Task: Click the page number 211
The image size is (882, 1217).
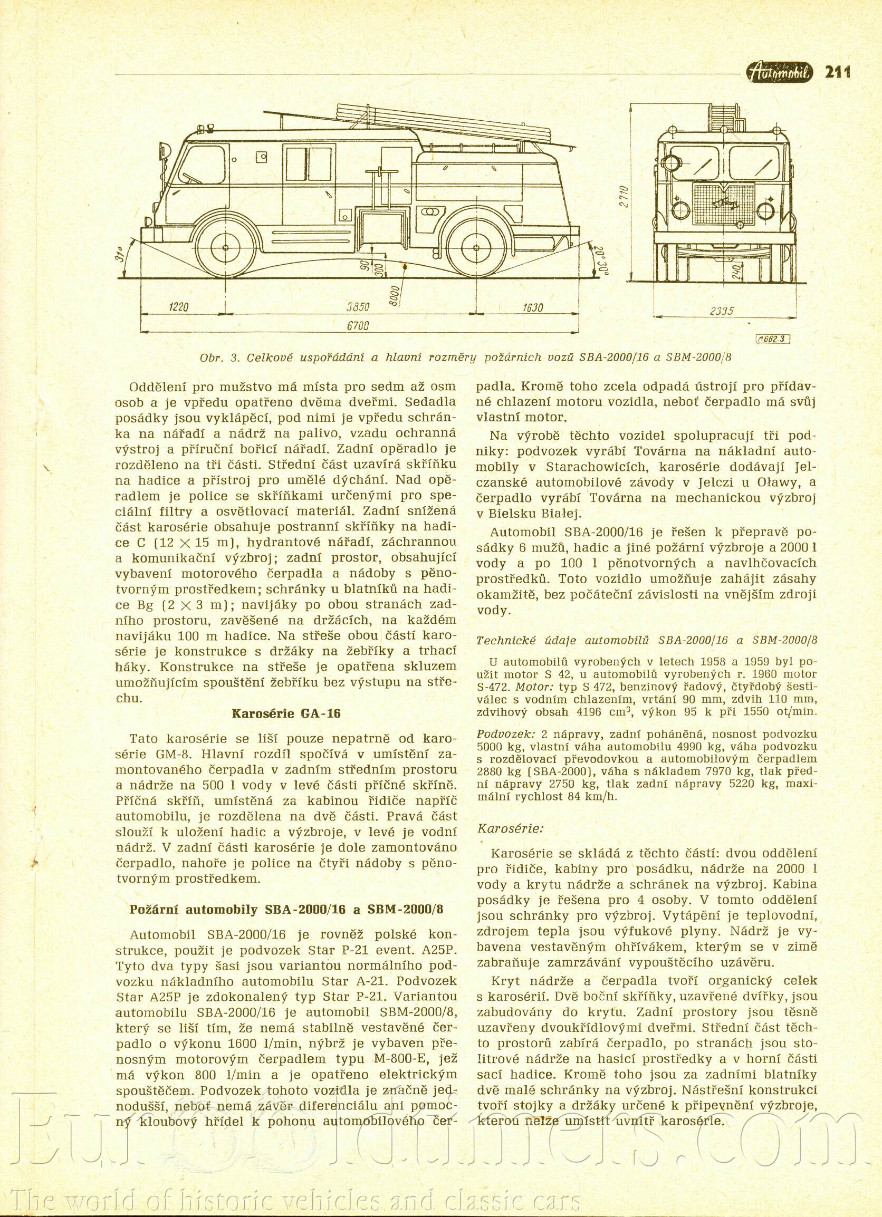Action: point(838,71)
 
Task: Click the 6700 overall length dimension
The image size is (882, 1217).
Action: point(359,326)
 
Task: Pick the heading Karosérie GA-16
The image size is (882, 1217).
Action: point(286,713)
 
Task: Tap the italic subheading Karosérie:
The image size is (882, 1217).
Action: point(510,828)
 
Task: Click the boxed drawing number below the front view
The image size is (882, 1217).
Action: point(772,339)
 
